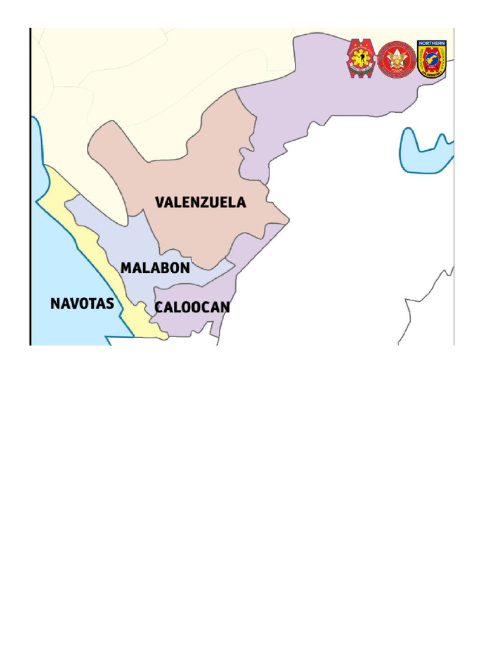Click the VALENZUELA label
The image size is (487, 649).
click(x=200, y=203)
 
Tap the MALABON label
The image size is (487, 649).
click(x=155, y=268)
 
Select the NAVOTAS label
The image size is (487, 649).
click(x=82, y=304)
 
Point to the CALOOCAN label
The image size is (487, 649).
click(x=192, y=308)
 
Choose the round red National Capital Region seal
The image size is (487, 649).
click(x=397, y=60)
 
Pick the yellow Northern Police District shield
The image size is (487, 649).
click(x=431, y=60)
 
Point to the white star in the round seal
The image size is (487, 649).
click(x=397, y=58)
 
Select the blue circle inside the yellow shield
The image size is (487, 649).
click(x=431, y=61)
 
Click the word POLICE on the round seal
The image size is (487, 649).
click(x=397, y=74)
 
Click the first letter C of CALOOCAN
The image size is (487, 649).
click(x=160, y=308)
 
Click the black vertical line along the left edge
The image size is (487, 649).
click(x=31, y=190)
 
